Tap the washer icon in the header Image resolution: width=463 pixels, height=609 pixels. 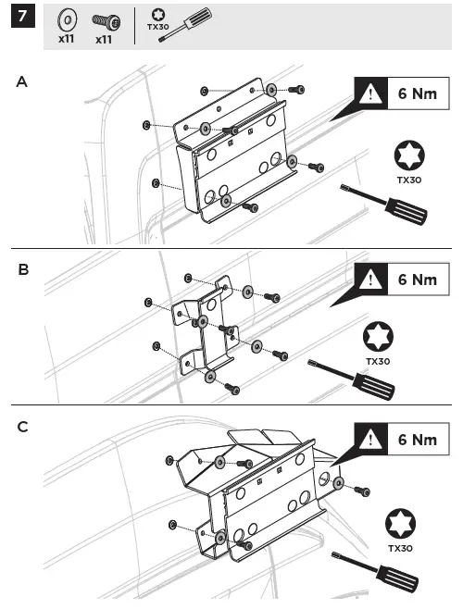pyautogui.click(x=67, y=19)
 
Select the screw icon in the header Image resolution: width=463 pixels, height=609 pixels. pyautogui.click(x=103, y=20)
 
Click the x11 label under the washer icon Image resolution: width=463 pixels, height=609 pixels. pyautogui.click(x=67, y=40)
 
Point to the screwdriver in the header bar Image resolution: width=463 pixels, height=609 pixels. pyautogui.click(x=186, y=24)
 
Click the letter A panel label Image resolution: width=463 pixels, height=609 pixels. pyautogui.click(x=22, y=82)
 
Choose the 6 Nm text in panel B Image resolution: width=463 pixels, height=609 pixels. pyautogui.click(x=417, y=279)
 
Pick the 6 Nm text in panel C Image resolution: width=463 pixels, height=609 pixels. pyautogui.click(x=417, y=440)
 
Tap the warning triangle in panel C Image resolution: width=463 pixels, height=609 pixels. pyautogui.click(x=372, y=440)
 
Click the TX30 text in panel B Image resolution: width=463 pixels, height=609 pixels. pyautogui.click(x=377, y=361)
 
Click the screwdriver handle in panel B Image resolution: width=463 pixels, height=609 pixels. pyautogui.click(x=374, y=388)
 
